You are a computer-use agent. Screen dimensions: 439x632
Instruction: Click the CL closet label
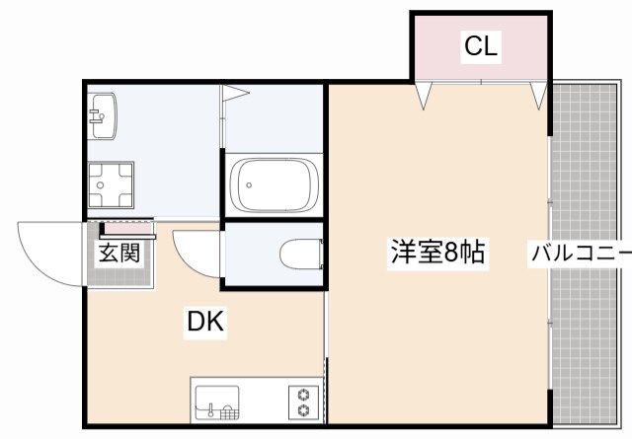481,45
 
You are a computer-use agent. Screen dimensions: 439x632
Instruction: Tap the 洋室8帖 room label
436,253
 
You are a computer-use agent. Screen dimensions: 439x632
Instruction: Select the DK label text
206,323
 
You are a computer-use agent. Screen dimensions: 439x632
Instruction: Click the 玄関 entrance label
119,253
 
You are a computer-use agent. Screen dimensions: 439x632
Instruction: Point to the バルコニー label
581,253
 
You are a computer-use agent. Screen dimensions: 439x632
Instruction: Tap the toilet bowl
300,255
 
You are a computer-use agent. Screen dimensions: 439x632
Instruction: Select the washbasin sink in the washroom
103,117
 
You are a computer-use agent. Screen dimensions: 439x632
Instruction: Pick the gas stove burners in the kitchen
303,402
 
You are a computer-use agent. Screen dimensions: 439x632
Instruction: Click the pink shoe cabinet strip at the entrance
124,229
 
